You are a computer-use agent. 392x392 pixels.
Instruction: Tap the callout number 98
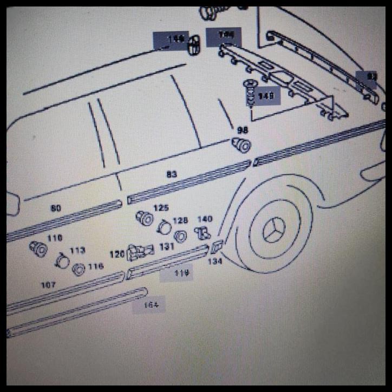242,130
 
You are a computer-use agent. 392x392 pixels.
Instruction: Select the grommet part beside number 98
241,145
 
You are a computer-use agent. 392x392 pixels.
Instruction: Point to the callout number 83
172,174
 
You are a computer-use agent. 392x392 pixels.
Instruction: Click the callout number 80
56,208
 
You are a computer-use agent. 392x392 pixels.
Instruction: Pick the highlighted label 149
266,96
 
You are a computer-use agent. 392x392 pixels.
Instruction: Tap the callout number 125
161,208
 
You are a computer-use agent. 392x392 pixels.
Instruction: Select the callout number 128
180,220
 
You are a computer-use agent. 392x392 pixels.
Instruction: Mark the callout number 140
205,219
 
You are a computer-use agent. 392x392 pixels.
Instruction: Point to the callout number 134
215,262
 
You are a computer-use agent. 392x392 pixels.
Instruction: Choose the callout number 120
117,253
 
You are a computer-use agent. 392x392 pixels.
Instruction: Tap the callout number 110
55,238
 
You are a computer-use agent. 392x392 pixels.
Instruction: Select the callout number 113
77,250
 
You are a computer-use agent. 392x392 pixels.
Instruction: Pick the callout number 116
96,266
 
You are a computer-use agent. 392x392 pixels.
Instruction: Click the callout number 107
48,284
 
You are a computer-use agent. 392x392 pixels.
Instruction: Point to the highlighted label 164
151,305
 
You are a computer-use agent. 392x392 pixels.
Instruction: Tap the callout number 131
166,246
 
